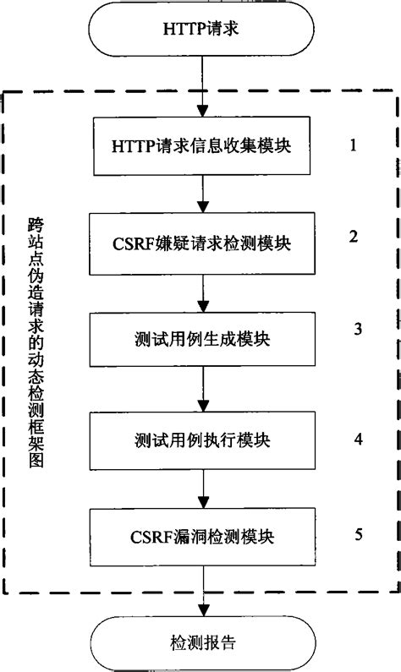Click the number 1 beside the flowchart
(353, 144)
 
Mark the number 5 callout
(359, 533)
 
